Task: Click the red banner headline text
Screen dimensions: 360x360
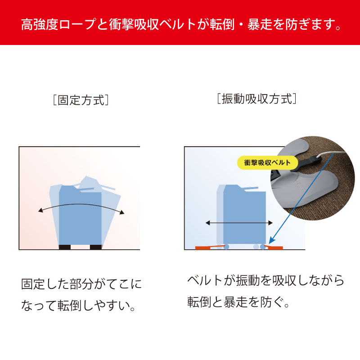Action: click(181, 24)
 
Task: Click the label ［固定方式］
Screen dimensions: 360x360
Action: click(81, 100)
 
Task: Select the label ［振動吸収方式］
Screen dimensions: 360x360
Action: click(256, 99)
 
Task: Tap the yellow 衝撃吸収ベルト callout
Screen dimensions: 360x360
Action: click(267, 163)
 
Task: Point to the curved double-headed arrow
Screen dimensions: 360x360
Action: click(81, 204)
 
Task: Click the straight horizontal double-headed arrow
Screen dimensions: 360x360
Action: click(239, 223)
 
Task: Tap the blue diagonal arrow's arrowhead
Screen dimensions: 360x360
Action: click(271, 240)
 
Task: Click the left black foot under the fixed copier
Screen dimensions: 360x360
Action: click(65, 247)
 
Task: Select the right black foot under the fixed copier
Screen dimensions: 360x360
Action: click(96, 247)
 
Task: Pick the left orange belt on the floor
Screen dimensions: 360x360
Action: click(208, 247)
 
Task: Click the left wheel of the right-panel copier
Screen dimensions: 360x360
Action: click(226, 247)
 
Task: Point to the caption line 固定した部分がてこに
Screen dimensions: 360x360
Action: click(81, 284)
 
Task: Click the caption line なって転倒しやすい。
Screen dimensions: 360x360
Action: click(78, 306)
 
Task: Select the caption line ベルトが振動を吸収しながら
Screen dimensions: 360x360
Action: click(265, 280)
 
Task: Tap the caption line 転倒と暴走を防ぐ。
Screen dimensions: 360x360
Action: click(238, 301)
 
